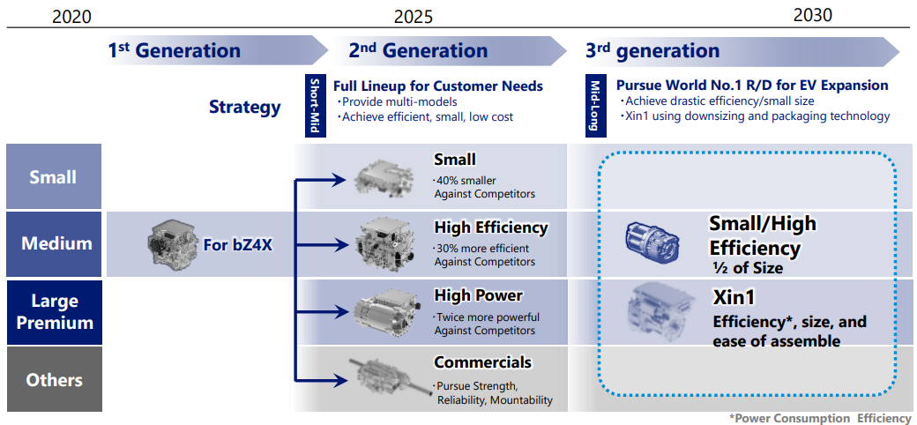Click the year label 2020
pos(72,17)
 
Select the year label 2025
pos(414,17)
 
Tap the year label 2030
pos(812,15)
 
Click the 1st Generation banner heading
pos(175,50)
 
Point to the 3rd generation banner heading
pos(652,51)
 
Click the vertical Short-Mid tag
pos(314,106)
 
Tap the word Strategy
pos(244,108)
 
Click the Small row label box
pos(53,176)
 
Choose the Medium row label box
pos(53,243)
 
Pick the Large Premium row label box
pos(53,312)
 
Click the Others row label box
pos(53,380)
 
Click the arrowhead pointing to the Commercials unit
pos(339,382)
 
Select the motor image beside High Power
pos(386,313)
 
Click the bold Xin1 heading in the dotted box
pos(734,298)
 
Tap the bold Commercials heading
pos(482,362)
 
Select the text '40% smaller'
pos(465,180)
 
